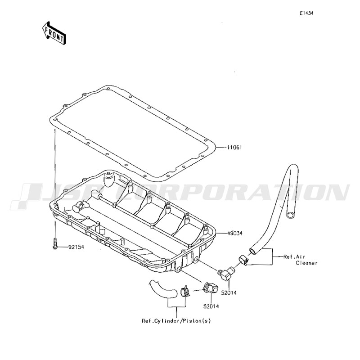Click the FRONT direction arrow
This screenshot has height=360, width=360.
pos(54,33)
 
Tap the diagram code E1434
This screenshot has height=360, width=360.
pos(306,13)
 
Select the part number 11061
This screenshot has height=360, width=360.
pos(234,148)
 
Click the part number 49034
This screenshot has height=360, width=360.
pos(234,234)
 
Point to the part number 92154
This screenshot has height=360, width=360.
pos(76,247)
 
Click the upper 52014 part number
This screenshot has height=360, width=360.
pos(229,293)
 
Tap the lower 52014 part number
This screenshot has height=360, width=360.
pos(211,306)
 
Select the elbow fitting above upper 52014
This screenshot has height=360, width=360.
pos(225,274)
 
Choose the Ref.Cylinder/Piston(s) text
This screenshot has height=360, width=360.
pos(176,321)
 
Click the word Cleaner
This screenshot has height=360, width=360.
pos(306,263)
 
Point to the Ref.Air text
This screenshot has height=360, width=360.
pos(294,256)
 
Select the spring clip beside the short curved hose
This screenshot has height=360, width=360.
pos(185,291)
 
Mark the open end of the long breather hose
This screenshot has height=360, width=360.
pos(290,215)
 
